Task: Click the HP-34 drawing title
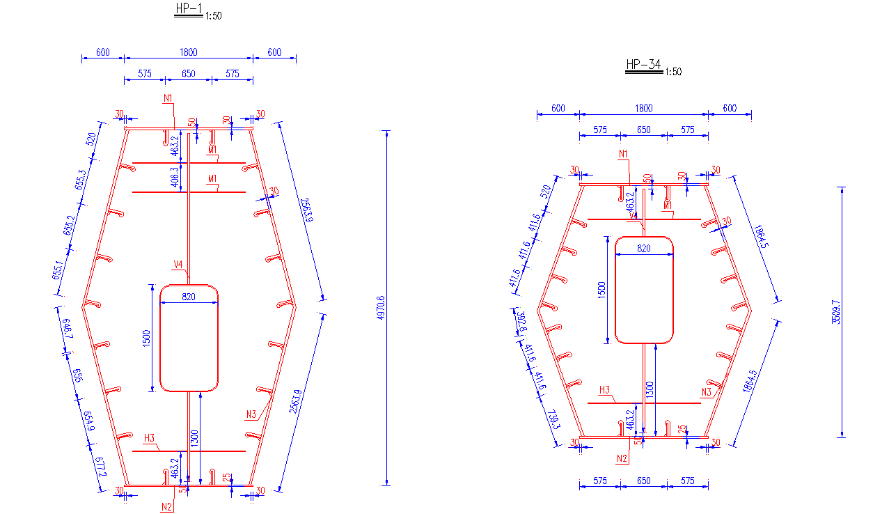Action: pos(643,65)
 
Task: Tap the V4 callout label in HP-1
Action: pos(178,264)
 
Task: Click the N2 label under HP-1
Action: pos(166,506)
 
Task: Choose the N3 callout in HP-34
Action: pos(707,392)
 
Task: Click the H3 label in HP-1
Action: pos(149,438)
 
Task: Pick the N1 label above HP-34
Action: pos(624,153)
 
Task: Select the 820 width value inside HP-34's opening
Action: pos(644,249)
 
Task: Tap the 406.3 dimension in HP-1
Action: pos(175,178)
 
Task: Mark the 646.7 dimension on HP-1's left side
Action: pos(68,329)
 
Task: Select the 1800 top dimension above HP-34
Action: pos(644,108)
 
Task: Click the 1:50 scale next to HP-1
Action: pos(214,15)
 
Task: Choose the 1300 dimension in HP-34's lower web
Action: pos(650,389)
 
